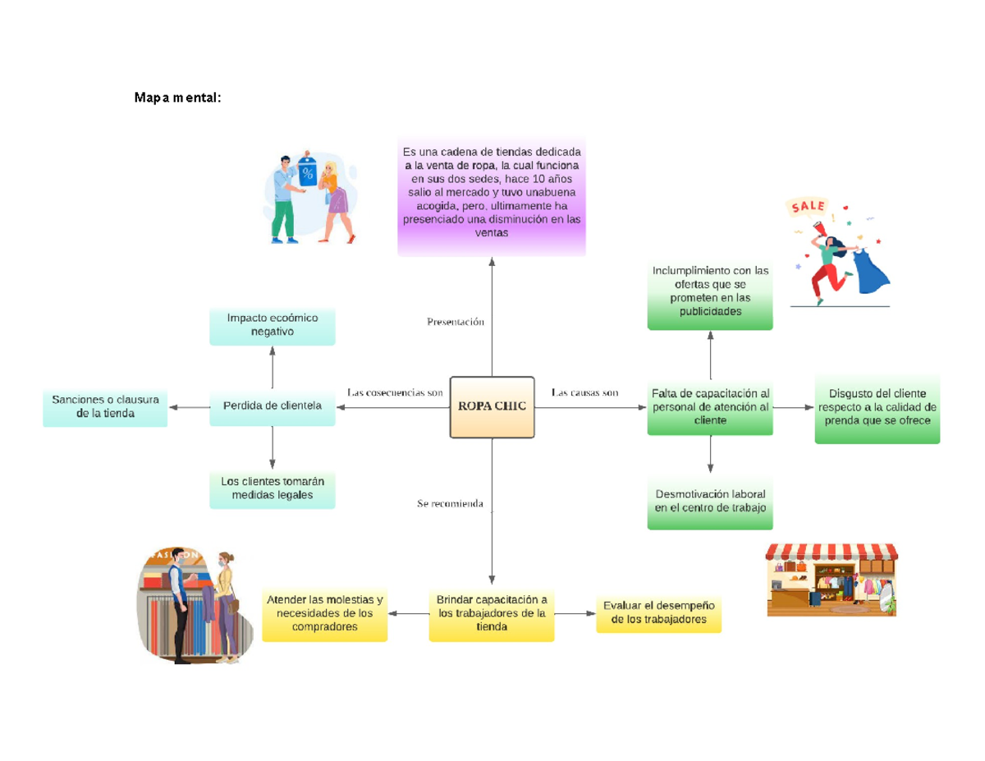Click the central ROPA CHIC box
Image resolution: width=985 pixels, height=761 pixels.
click(492, 406)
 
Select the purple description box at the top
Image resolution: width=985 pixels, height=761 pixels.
click(492, 195)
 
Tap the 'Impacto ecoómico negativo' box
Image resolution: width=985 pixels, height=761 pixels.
click(273, 325)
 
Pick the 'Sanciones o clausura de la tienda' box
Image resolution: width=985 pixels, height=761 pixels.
click(105, 407)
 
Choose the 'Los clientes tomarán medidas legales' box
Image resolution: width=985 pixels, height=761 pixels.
click(273, 488)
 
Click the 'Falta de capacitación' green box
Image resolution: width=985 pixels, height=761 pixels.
click(710, 406)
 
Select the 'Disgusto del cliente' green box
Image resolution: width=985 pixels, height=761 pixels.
click(877, 407)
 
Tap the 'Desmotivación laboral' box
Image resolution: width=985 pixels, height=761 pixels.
click(710, 502)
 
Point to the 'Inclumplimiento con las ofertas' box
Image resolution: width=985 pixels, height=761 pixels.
click(710, 292)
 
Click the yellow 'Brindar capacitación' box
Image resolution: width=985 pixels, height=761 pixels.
click(492, 613)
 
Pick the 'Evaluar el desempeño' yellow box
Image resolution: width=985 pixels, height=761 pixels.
click(658, 613)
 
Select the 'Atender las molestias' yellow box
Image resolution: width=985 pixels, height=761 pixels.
click(324, 613)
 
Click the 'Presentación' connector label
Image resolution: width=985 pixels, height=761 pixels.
click(456, 322)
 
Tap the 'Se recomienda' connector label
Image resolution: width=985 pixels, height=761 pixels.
click(450, 502)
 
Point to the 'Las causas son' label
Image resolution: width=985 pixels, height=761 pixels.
click(585, 392)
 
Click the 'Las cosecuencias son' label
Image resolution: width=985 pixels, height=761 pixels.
click(395, 392)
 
